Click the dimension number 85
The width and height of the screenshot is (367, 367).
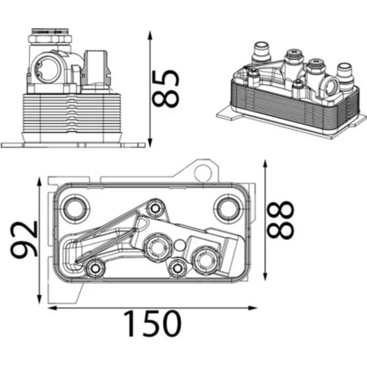165,88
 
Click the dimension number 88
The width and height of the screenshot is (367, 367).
280,219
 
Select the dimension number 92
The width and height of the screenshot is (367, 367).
24,240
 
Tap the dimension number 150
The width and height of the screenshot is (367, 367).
152,323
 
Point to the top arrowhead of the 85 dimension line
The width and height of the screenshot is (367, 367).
150,35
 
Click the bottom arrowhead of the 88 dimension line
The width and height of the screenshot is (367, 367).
264,276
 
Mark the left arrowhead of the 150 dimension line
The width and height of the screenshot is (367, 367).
52,308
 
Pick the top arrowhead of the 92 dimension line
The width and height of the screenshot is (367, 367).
39,182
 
